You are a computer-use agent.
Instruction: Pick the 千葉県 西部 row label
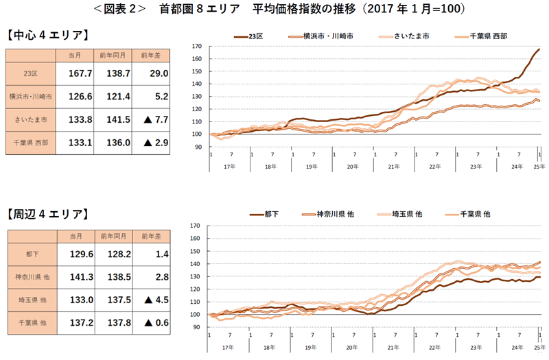point(30,143)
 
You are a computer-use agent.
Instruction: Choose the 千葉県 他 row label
point(30,322)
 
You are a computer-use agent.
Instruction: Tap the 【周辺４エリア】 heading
point(47,215)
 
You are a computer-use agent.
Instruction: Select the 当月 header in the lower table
point(76,236)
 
